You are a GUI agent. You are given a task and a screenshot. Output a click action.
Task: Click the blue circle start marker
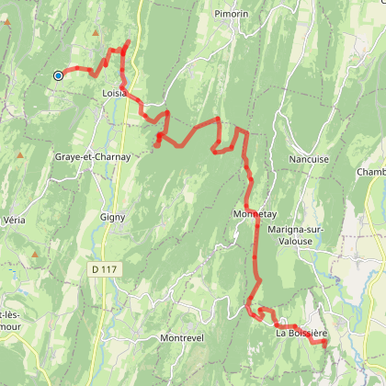[x=58, y=75]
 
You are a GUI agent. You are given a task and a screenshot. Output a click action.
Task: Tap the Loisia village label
[x=115, y=93]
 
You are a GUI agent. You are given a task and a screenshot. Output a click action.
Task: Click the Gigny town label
[x=113, y=217]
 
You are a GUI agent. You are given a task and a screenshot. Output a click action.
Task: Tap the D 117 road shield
[x=106, y=268]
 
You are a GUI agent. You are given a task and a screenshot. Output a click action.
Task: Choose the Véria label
[x=14, y=221]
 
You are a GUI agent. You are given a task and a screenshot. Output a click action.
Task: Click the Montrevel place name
[x=187, y=338]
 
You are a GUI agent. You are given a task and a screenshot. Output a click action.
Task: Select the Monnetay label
[x=255, y=213]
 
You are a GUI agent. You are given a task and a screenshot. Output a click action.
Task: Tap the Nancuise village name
[x=309, y=158]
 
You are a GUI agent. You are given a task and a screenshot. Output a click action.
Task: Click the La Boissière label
[x=301, y=333]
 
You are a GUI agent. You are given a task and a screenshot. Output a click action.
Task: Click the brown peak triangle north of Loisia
[x=96, y=34]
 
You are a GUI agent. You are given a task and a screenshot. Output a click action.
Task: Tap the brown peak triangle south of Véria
[x=35, y=254]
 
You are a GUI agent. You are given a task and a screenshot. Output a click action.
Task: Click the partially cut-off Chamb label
[x=371, y=172]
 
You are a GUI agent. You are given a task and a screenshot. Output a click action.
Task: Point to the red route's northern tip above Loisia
[x=127, y=41]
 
